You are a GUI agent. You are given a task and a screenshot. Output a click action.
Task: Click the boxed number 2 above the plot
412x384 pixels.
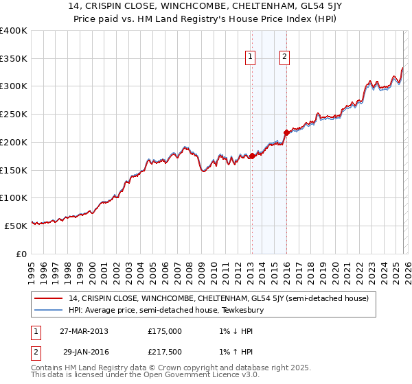tap(284, 58)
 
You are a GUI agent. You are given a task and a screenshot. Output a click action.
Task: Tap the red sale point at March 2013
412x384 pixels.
tap(252, 156)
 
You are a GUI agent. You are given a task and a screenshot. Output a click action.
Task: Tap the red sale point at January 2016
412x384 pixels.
tap(286, 132)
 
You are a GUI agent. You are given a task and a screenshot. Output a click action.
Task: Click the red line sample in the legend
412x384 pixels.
tap(49, 298)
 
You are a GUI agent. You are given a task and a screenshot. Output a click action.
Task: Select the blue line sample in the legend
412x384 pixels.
tap(49, 310)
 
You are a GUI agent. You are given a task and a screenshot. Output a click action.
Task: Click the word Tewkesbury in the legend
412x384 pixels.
tap(241, 310)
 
